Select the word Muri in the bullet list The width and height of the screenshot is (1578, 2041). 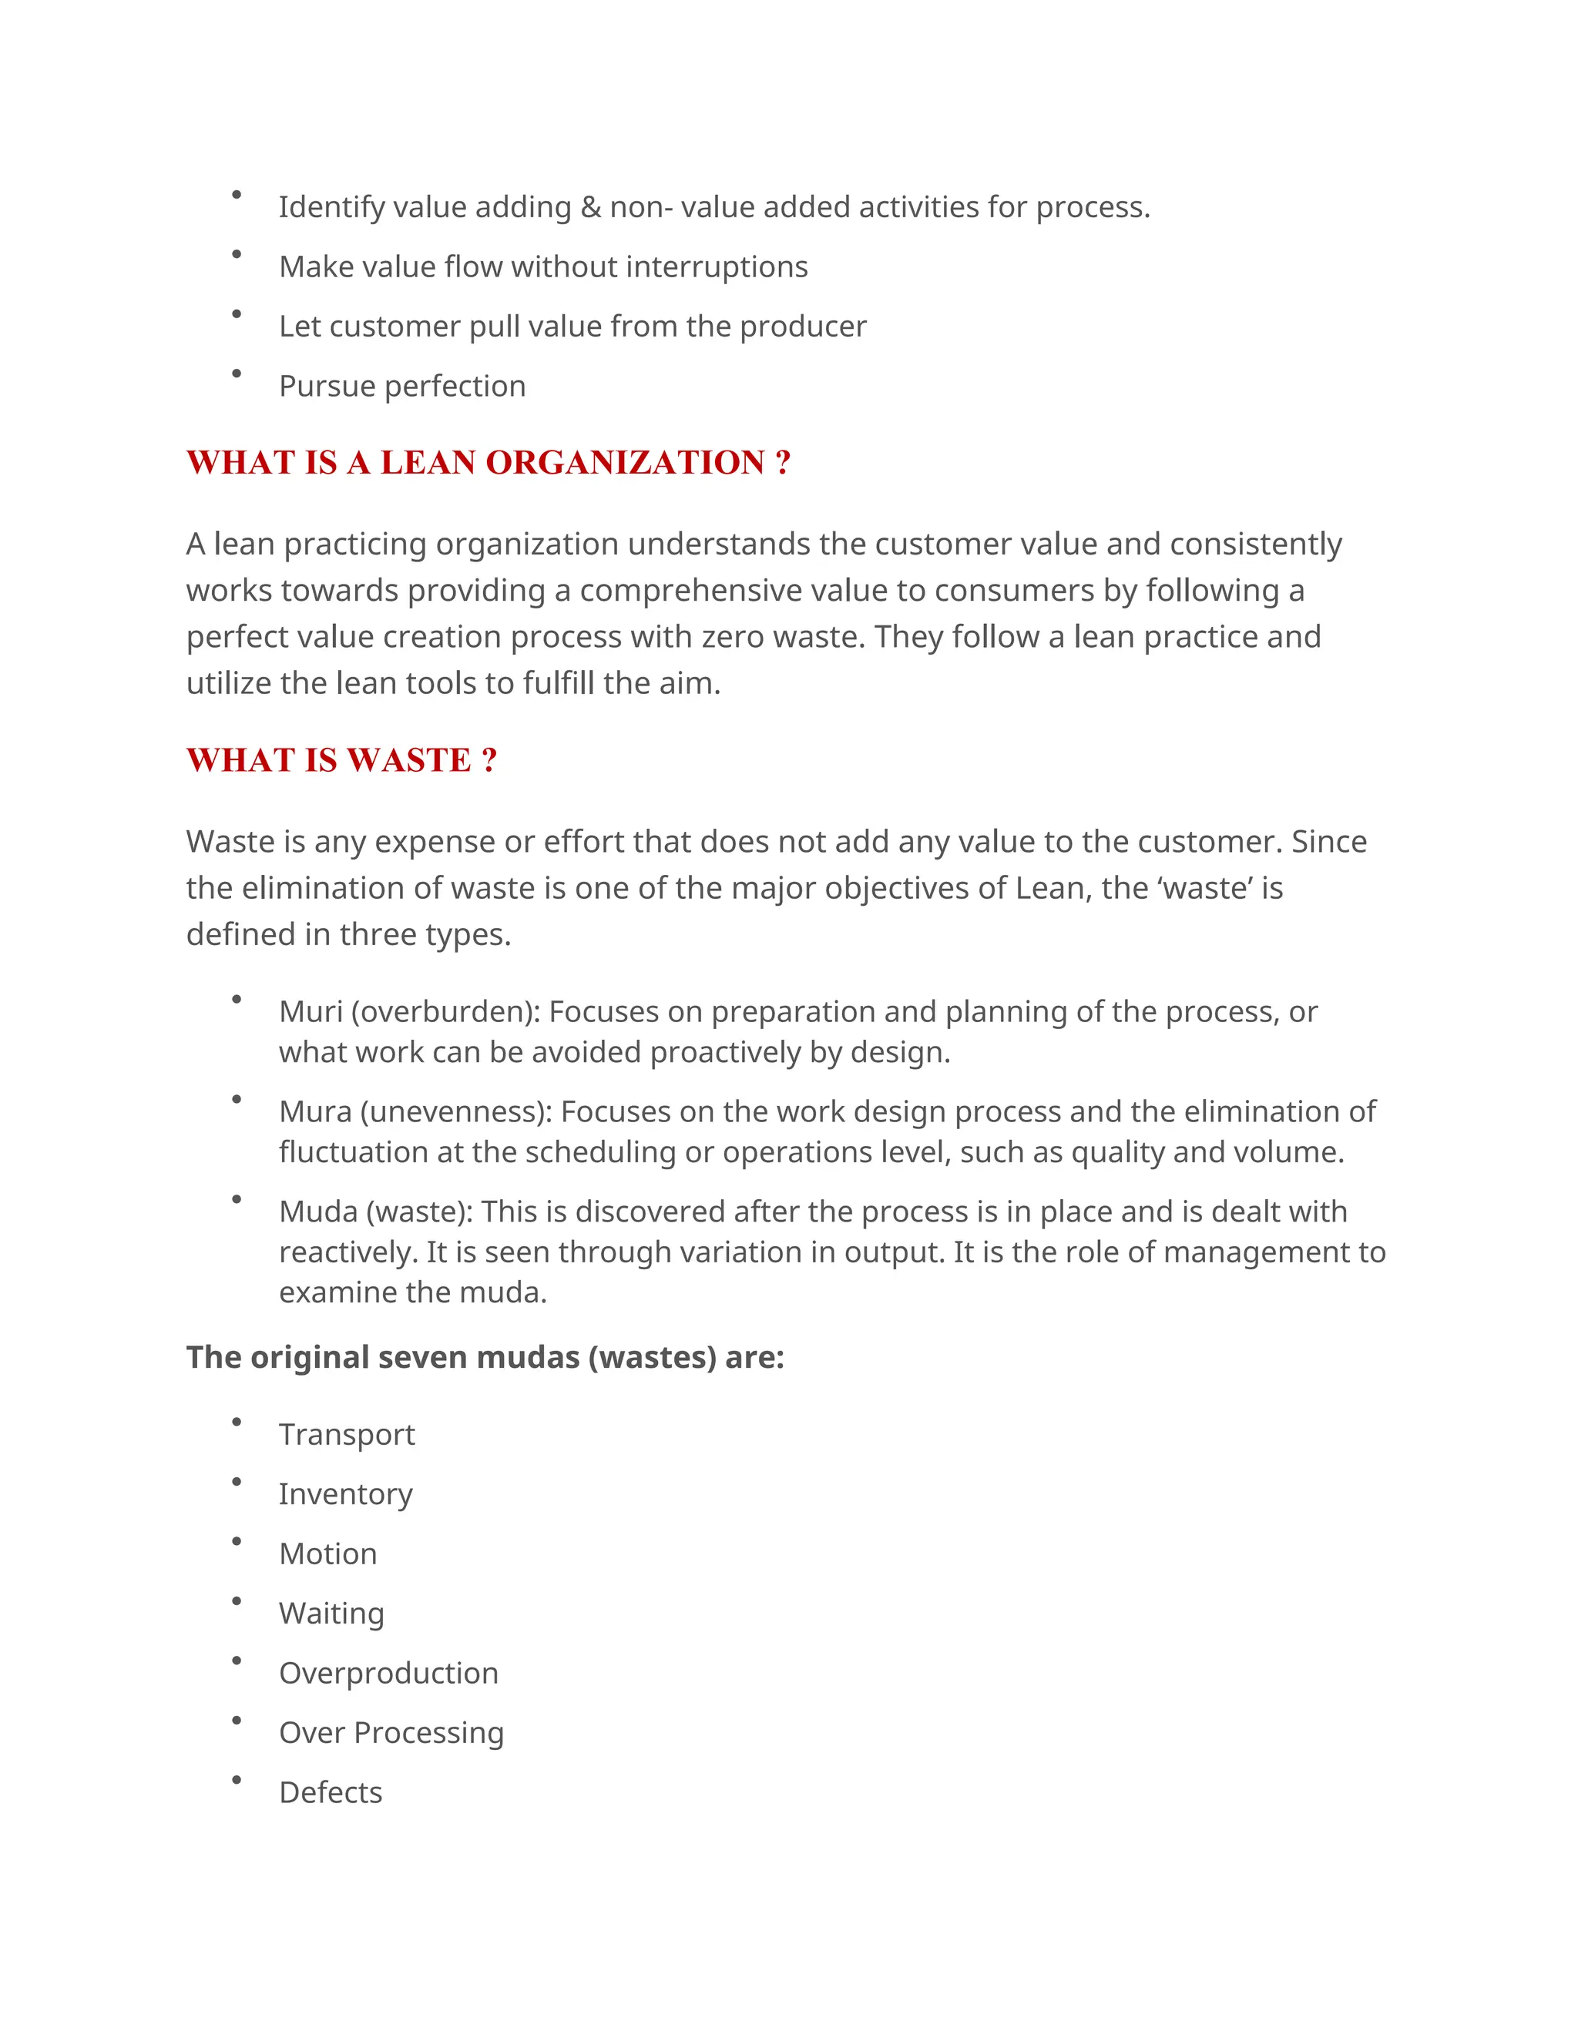(x=311, y=1011)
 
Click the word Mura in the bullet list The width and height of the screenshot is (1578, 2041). (x=314, y=1111)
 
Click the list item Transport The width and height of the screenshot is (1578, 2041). (x=347, y=1435)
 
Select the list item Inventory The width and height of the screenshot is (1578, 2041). (x=345, y=1494)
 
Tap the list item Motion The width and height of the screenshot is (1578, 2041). (x=328, y=1553)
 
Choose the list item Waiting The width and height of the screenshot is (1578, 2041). (x=331, y=1613)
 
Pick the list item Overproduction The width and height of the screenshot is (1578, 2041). (x=389, y=1673)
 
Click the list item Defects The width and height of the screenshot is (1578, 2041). (x=330, y=1792)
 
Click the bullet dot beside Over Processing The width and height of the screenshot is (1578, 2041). (x=237, y=1721)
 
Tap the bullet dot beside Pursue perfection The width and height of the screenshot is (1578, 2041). (x=237, y=374)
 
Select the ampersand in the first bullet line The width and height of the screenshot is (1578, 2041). (x=591, y=206)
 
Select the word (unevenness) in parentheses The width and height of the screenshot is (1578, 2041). (x=456, y=1111)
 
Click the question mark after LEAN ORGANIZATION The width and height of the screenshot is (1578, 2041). (x=783, y=463)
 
